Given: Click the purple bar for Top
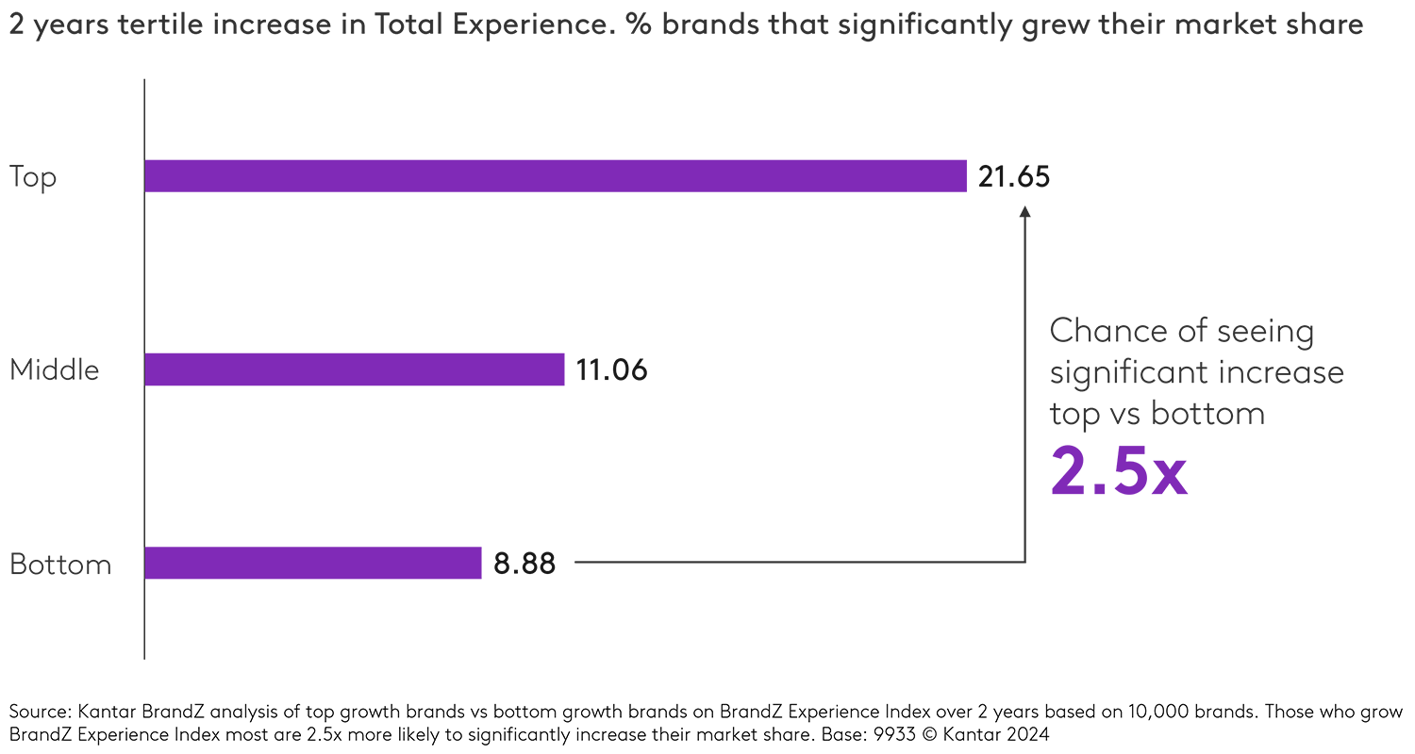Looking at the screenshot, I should (555, 176).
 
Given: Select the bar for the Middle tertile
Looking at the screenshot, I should (354, 369).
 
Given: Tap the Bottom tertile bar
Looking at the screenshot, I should (312, 563).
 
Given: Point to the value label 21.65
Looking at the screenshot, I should (1013, 177).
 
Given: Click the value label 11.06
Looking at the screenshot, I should (611, 370).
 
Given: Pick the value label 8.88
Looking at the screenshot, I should (524, 564).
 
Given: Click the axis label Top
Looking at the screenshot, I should (33, 177).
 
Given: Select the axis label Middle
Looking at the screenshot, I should (54, 370).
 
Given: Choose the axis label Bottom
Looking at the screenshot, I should (60, 565).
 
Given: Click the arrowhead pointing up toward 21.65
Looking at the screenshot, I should (1025, 213).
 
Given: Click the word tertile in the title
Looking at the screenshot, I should (168, 25).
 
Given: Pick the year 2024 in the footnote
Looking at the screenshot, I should (1031, 733).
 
